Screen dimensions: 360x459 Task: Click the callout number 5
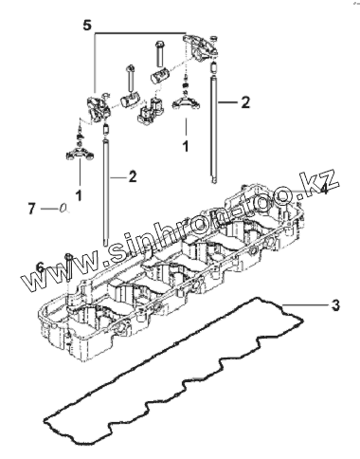click(x=87, y=25)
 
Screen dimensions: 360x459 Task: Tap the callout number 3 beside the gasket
click(x=335, y=304)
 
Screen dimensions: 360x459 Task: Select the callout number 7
click(x=31, y=209)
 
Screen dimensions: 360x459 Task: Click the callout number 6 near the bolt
click(x=41, y=267)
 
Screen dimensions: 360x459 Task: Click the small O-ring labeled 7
click(x=63, y=208)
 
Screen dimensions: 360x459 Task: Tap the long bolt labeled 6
click(x=68, y=268)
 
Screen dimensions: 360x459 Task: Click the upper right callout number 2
click(x=245, y=102)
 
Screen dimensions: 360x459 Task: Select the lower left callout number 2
click(x=133, y=176)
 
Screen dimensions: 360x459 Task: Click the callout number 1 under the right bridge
click(x=186, y=146)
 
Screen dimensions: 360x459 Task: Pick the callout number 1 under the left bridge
click(x=79, y=195)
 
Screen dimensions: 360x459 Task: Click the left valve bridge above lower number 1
click(x=80, y=154)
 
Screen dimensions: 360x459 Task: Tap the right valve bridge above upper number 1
click(x=186, y=103)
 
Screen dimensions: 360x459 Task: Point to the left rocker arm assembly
click(x=99, y=106)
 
